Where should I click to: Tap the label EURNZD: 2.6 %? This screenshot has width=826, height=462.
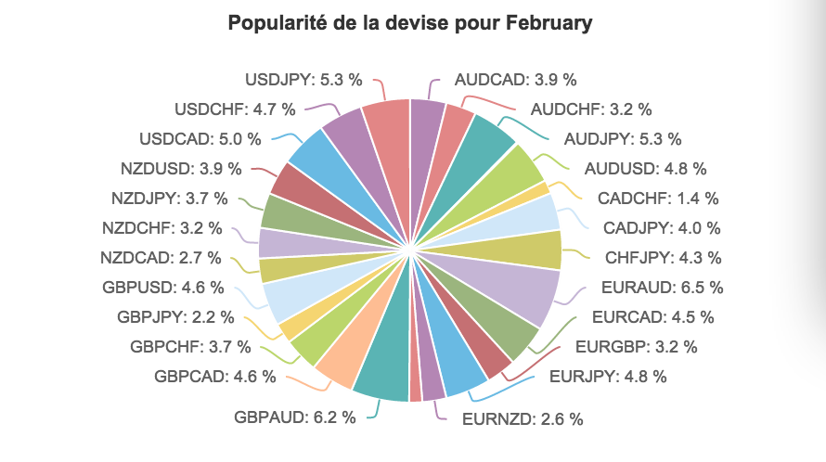tap(523, 418)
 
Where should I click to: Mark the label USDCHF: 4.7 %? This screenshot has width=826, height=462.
tap(235, 109)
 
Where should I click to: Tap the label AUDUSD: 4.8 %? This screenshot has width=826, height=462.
tap(646, 169)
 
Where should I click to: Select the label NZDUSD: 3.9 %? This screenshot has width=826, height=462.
tap(181, 169)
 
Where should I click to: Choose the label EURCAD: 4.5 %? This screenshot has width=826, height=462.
tap(652, 317)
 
